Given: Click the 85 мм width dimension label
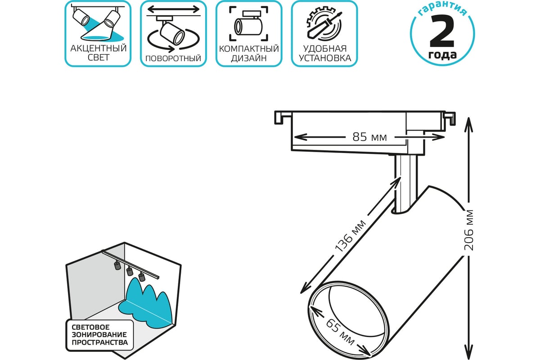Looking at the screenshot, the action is [369, 137].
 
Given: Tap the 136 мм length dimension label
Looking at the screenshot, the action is [350, 236].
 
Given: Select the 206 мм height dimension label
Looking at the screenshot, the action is [468, 230].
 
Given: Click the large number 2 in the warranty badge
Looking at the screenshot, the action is [442, 31].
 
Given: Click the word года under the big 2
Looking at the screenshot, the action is [442, 55].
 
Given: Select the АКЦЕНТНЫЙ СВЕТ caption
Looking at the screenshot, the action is [99, 53].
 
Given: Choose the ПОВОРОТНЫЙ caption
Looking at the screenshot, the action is [173, 58].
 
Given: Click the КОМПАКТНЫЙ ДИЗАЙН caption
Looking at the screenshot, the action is [249, 53].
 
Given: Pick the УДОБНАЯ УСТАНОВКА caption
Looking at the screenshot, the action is [325, 53].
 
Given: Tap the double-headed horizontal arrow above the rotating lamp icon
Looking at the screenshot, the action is [173, 9].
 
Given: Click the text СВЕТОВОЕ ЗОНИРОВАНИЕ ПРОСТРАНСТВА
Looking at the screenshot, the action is [99, 335].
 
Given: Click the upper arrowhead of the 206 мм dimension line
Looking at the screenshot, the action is [468, 124].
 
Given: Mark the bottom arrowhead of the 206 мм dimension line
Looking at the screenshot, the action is [468, 352].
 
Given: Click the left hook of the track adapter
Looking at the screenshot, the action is [279, 117].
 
